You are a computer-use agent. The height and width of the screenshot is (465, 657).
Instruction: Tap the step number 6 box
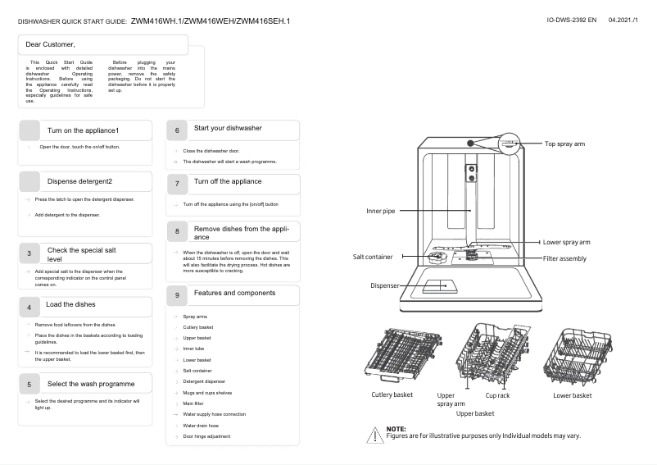coord(177,130)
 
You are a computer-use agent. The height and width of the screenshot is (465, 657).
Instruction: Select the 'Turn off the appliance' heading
coord(228,181)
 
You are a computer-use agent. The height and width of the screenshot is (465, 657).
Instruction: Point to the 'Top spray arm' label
coord(564,144)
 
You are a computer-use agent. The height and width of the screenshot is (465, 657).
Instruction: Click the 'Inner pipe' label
coord(380,211)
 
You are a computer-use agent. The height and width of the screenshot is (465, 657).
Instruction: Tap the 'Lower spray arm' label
coord(566,243)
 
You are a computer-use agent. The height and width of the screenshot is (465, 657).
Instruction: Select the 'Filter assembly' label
coord(564,258)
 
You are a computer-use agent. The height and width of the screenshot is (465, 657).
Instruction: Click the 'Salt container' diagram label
coord(373,257)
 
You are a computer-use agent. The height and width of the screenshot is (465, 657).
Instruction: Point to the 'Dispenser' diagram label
coord(383,285)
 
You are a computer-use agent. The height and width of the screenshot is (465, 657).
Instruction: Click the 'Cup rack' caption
coord(497,395)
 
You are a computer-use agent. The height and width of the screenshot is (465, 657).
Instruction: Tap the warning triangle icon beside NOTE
coord(376,434)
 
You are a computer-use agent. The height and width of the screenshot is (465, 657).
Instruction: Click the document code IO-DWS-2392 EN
coord(572,18)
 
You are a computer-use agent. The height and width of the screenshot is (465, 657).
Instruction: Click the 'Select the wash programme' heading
coord(91,384)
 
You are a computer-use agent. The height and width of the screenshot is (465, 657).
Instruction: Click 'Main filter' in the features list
coord(193,403)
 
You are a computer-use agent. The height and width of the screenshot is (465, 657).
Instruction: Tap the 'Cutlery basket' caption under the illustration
coord(392,395)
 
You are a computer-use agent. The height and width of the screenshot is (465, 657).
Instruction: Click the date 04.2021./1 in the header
coord(625,18)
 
